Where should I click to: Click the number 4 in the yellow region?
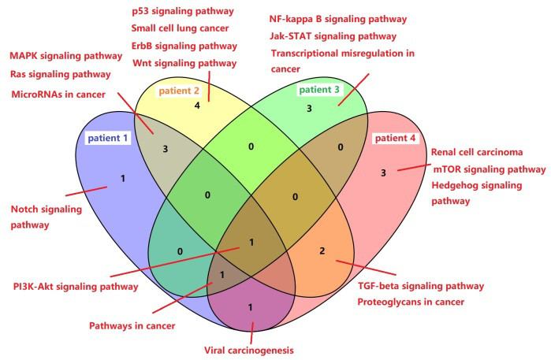[x=197, y=105]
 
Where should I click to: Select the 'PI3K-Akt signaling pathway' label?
[x=76, y=286]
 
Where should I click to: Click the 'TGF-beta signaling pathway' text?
[x=421, y=286]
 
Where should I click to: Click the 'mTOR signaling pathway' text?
[x=487, y=169]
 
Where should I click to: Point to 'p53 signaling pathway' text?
[x=182, y=11]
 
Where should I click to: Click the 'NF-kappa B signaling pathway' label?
[x=338, y=18]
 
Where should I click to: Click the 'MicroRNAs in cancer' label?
[x=61, y=95]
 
